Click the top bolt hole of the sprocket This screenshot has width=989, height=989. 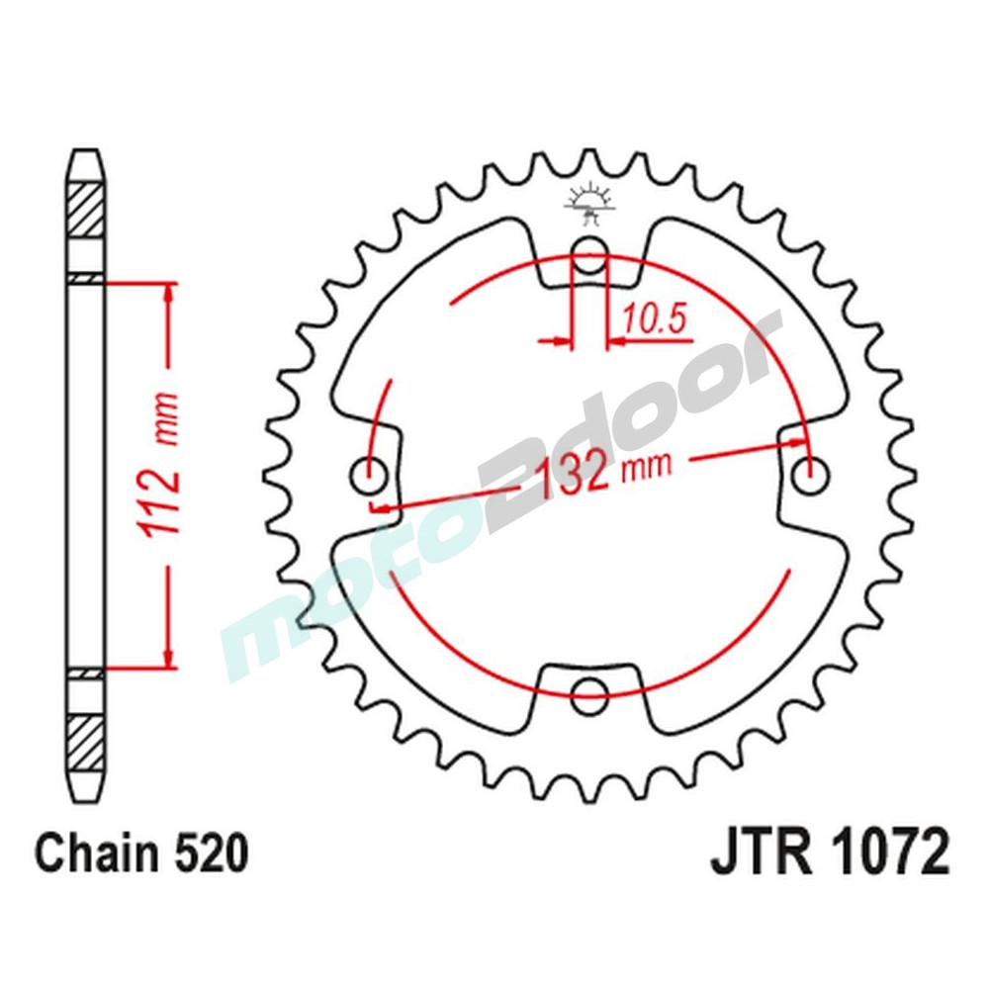pyautogui.click(x=589, y=250)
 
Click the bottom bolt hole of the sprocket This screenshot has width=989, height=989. pyautogui.click(x=589, y=690)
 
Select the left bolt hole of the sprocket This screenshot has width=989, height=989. pyautogui.click(x=371, y=476)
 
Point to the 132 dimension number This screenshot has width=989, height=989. pyautogui.click(x=575, y=474)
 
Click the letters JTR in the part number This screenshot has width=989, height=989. pyautogui.click(x=758, y=854)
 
